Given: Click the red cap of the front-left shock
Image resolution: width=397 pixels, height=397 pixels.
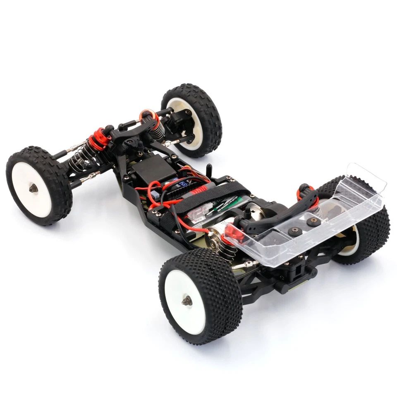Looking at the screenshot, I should coord(98,141).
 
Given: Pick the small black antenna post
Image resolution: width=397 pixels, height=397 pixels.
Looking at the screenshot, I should coord(209,170).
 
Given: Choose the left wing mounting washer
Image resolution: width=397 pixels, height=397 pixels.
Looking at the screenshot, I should coord(295,231).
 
